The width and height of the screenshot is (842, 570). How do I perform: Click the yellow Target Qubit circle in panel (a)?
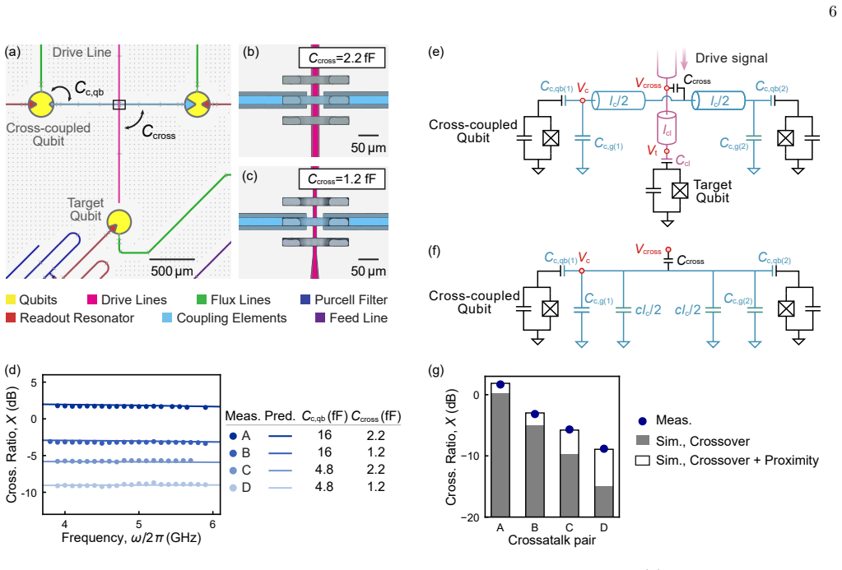[x=119, y=222]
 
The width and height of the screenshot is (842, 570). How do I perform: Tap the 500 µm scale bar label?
[x=172, y=271]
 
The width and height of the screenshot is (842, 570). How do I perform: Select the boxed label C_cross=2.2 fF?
[x=342, y=58]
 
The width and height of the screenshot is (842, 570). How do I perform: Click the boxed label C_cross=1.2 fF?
[x=342, y=178]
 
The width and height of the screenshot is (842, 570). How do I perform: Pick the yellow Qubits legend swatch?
[x=11, y=300]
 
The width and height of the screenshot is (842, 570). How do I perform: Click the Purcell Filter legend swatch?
[x=305, y=299]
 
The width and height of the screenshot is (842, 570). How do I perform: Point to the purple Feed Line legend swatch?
[x=320, y=317]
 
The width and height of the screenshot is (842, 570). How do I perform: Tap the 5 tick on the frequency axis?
[x=138, y=525]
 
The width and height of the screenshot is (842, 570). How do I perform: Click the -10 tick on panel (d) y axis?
[x=30, y=492]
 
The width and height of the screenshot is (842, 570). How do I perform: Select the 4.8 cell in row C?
[x=323, y=470]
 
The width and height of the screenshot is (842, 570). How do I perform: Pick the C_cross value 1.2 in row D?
[x=375, y=487]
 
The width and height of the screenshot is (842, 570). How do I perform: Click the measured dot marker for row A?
[x=233, y=436]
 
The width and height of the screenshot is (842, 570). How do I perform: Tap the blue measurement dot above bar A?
[x=500, y=384]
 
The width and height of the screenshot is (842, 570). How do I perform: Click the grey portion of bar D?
[x=603, y=501]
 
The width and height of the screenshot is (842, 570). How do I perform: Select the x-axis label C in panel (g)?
[x=570, y=527]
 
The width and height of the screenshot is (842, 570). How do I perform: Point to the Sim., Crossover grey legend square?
[x=642, y=441]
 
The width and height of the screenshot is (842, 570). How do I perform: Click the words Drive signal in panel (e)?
[x=732, y=58]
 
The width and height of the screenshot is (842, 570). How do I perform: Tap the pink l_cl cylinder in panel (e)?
[x=667, y=128]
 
